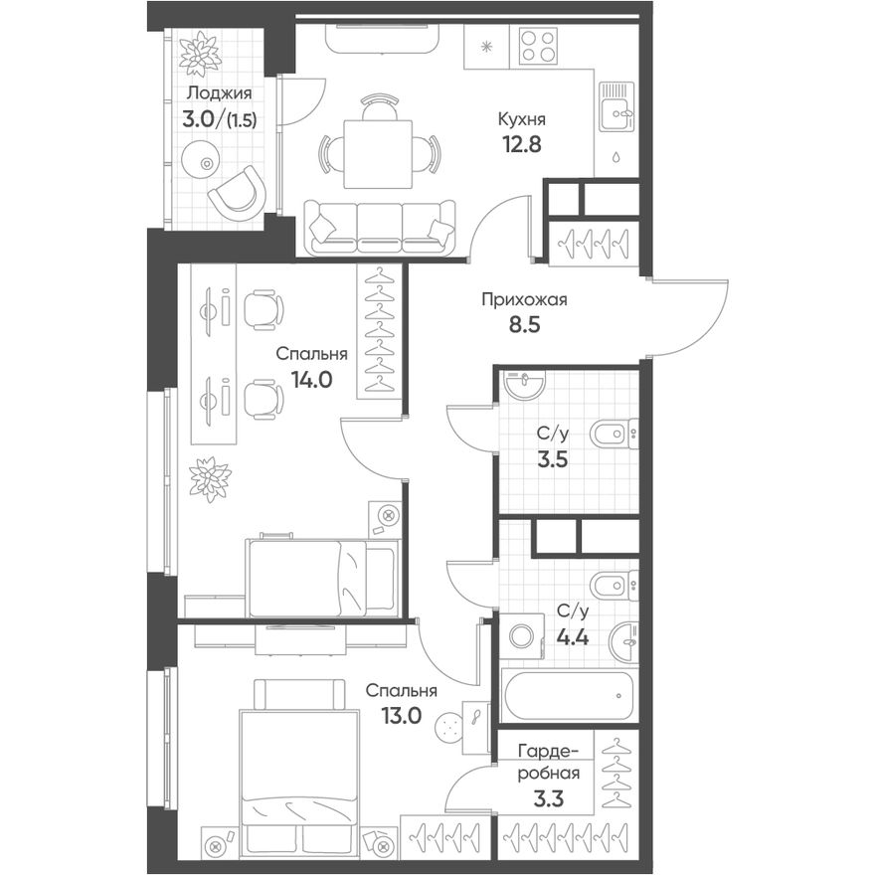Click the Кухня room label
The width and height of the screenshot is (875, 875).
[x=521, y=119]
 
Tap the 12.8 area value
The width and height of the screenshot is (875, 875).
[x=522, y=144]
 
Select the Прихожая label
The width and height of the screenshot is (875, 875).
[x=524, y=300]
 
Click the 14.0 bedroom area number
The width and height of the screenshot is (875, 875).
[x=312, y=380]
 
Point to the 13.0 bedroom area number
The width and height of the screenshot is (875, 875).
[x=402, y=715]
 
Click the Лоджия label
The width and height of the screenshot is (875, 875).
[x=220, y=93]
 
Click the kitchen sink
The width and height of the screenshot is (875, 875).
[x=616, y=107]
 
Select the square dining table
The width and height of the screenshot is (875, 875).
[x=378, y=154]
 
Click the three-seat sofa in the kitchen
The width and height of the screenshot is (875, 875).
[x=380, y=229]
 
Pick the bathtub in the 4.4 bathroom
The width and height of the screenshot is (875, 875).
[x=568, y=696]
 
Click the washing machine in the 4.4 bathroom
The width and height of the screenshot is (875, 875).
[x=522, y=636]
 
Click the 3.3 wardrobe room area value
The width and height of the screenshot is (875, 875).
[x=549, y=799]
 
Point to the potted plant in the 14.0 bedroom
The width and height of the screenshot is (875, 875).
[x=211, y=479]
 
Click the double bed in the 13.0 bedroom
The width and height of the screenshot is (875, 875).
[x=298, y=761]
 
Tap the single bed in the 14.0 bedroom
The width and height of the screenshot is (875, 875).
[x=322, y=578]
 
